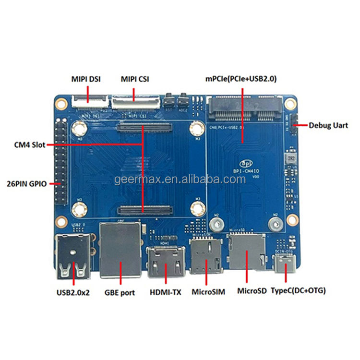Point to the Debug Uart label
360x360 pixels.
(x=328, y=126)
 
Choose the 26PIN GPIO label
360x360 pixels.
(x=26, y=183)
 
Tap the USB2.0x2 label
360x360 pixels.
(x=73, y=291)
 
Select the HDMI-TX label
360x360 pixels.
(x=164, y=291)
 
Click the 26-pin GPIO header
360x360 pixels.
(x=60, y=163)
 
